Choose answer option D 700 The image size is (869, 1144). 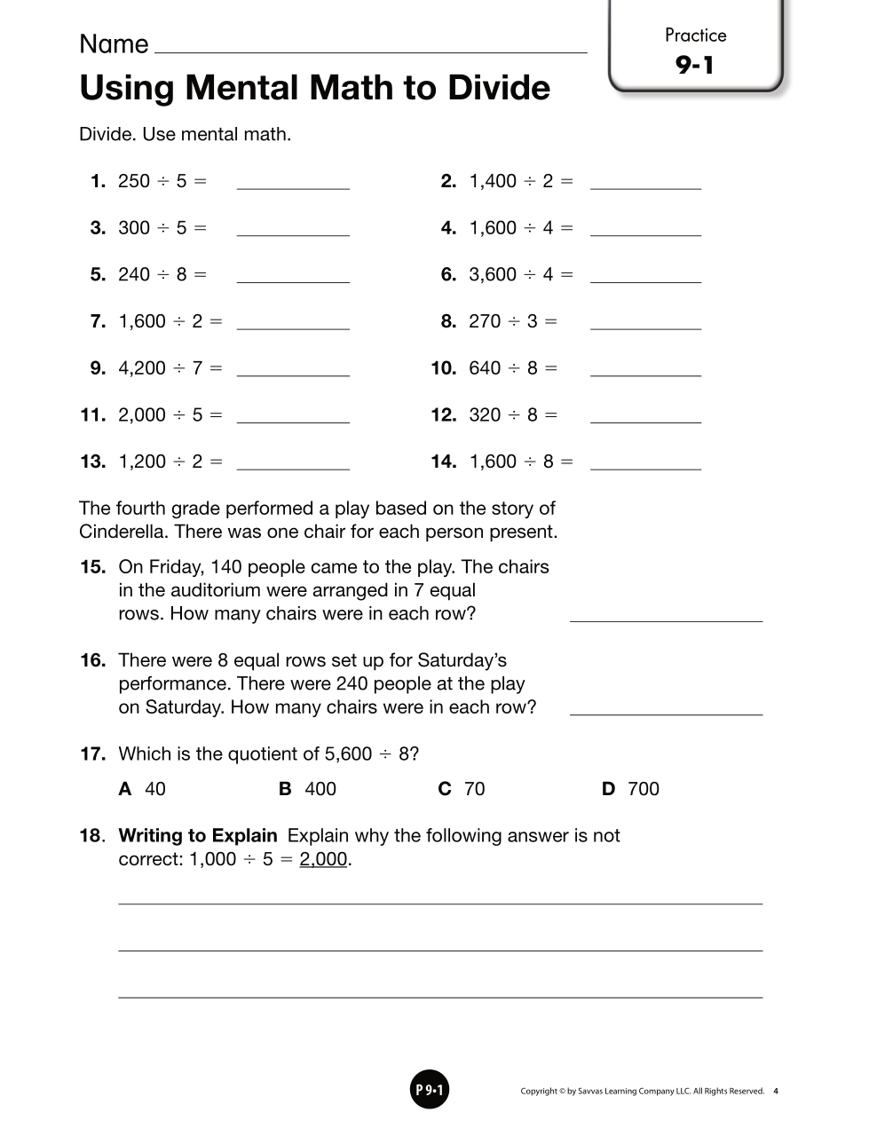631,789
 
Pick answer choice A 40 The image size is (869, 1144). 142,789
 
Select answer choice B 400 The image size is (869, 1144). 308,789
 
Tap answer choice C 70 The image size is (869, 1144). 462,789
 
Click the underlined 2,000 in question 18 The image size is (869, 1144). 323,859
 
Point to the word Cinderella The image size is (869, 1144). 122,532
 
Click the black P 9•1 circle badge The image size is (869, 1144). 430,1090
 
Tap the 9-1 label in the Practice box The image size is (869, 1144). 695,65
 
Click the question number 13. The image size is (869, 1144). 92,462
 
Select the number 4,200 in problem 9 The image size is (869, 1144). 142,368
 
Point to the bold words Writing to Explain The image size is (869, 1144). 198,835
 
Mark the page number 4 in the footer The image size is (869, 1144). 776,1092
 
